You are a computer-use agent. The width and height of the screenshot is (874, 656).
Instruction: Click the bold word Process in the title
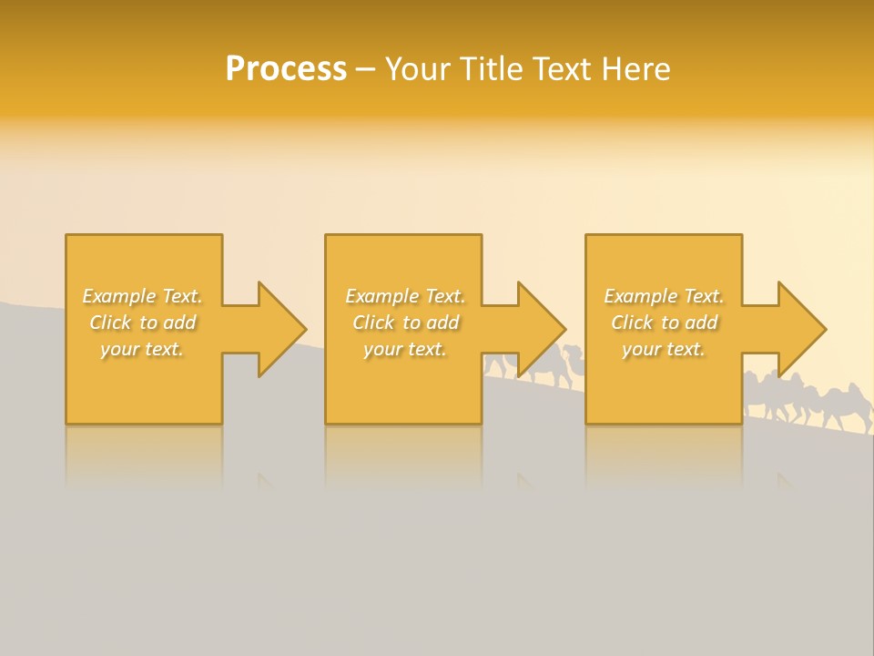pos(286,68)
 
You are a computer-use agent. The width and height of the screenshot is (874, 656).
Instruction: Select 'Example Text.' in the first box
pos(142,296)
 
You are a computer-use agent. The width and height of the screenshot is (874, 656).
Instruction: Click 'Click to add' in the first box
pos(142,323)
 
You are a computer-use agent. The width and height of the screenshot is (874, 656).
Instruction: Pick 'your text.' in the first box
pos(142,349)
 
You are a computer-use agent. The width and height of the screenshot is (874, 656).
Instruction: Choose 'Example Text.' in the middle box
pos(404,296)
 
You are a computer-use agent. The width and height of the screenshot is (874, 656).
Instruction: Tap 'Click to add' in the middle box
pos(404,323)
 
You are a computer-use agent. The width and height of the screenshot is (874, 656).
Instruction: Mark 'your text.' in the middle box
pos(404,349)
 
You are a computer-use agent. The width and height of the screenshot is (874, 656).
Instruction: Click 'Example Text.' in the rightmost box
pos(664,296)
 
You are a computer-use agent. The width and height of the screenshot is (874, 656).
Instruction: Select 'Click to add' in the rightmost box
pos(664,323)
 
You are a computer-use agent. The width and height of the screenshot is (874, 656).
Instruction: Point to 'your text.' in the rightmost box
pos(664,349)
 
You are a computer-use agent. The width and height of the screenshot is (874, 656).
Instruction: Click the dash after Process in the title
pos(365,69)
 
